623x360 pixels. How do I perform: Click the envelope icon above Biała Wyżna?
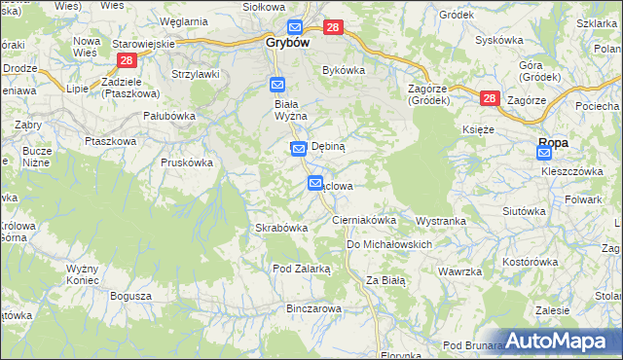[x=277, y=86]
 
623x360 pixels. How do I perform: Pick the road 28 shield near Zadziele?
[x=126, y=60]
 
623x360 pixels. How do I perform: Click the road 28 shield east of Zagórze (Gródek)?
[x=489, y=98]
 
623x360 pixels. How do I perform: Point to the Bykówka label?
[x=343, y=70]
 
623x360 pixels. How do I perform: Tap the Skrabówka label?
[x=281, y=228]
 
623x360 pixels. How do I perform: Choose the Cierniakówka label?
[x=364, y=221]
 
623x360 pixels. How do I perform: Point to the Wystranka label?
[x=441, y=221]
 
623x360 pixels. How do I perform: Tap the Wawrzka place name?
[x=461, y=271]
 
